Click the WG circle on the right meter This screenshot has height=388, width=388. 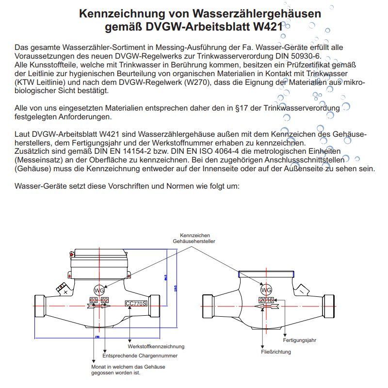click(266, 290)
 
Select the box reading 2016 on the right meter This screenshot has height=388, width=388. click(266, 300)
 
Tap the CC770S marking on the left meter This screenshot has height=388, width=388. click(136, 304)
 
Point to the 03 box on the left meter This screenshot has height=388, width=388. click(94, 301)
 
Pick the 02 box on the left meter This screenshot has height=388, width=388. click(104, 301)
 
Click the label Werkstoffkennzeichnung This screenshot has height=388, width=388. click(156, 346)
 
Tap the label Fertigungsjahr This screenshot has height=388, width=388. click(300, 340)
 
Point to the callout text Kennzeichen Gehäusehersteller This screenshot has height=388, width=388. click(194, 237)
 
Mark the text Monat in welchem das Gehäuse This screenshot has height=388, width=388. click(128, 367)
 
